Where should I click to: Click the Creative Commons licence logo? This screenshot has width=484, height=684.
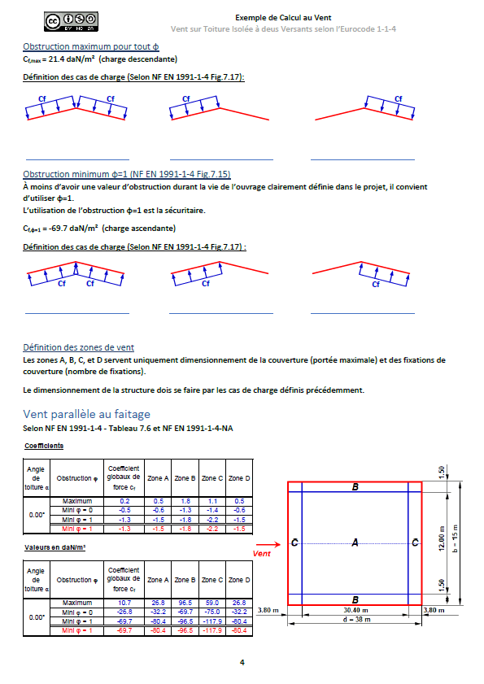pyautogui.click(x=71, y=22)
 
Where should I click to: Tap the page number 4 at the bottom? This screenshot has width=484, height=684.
pyautogui.click(x=242, y=662)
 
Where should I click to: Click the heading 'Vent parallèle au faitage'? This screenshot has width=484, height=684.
pyautogui.click(x=86, y=414)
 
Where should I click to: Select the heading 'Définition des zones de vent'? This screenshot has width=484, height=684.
pyautogui.click(x=79, y=347)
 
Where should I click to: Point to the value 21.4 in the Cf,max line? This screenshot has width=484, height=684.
pyautogui.click(x=56, y=59)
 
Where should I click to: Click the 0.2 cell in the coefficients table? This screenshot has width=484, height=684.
pyautogui.click(x=124, y=501)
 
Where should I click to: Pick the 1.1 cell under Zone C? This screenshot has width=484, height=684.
pyautogui.click(x=212, y=501)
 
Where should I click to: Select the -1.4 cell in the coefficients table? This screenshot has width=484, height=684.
pyautogui.click(x=212, y=511)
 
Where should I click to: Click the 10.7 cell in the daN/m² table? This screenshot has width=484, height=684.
pyautogui.click(x=124, y=603)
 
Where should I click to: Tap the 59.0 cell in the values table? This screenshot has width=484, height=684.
pyautogui.click(x=212, y=603)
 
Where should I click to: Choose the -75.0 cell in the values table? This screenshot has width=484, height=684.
pyautogui.click(x=212, y=612)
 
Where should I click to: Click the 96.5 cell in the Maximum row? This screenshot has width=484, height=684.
pyautogui.click(x=185, y=603)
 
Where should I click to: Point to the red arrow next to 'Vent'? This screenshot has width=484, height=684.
pyautogui.click(x=268, y=544)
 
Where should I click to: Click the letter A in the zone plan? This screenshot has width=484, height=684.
pyautogui.click(x=355, y=542)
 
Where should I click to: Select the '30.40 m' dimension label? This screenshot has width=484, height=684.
pyautogui.click(x=355, y=610)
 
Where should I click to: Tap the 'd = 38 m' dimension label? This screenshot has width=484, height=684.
pyautogui.click(x=356, y=620)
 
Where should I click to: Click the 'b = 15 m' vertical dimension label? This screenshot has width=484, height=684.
pyautogui.click(x=455, y=538)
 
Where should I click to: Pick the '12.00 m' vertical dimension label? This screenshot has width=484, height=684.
pyautogui.click(x=441, y=538)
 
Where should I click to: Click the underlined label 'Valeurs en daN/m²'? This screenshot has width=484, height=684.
pyautogui.click(x=55, y=547)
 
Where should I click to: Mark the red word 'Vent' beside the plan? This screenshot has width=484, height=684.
pyautogui.click(x=261, y=554)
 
